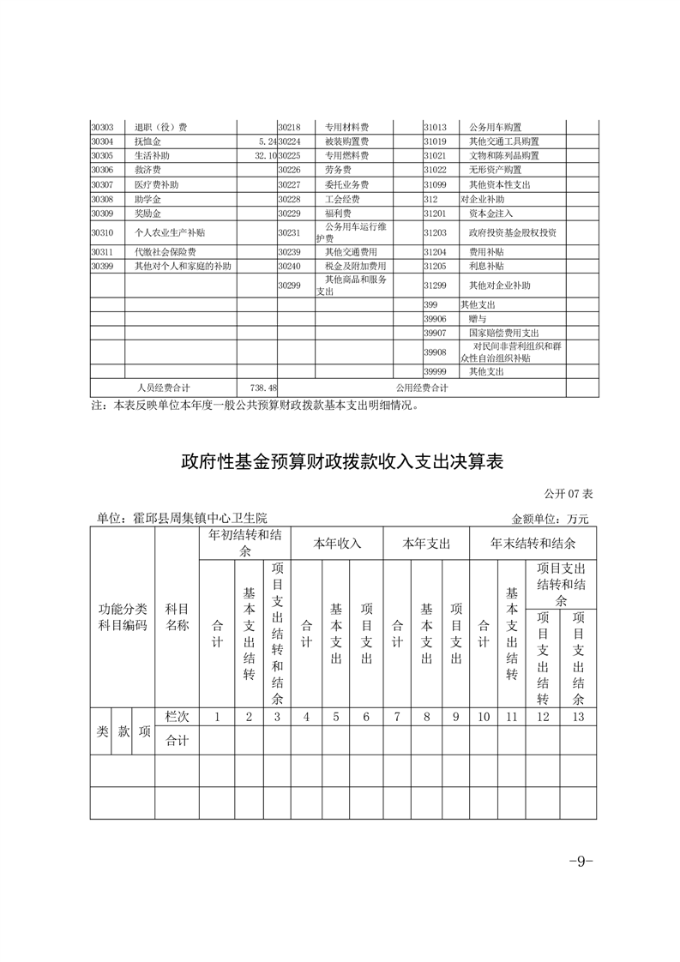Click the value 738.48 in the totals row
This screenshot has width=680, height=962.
(x=259, y=388)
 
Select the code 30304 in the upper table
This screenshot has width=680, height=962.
(x=102, y=141)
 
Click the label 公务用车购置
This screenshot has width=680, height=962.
(x=495, y=128)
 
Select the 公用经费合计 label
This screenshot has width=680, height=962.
(x=422, y=388)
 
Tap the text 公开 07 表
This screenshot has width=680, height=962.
(x=567, y=495)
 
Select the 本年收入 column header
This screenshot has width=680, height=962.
(x=337, y=544)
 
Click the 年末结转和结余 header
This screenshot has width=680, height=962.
(x=533, y=544)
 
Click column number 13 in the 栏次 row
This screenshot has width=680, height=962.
(x=578, y=717)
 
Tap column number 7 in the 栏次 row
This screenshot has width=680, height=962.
(x=397, y=717)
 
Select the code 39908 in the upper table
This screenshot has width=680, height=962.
(x=436, y=352)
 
